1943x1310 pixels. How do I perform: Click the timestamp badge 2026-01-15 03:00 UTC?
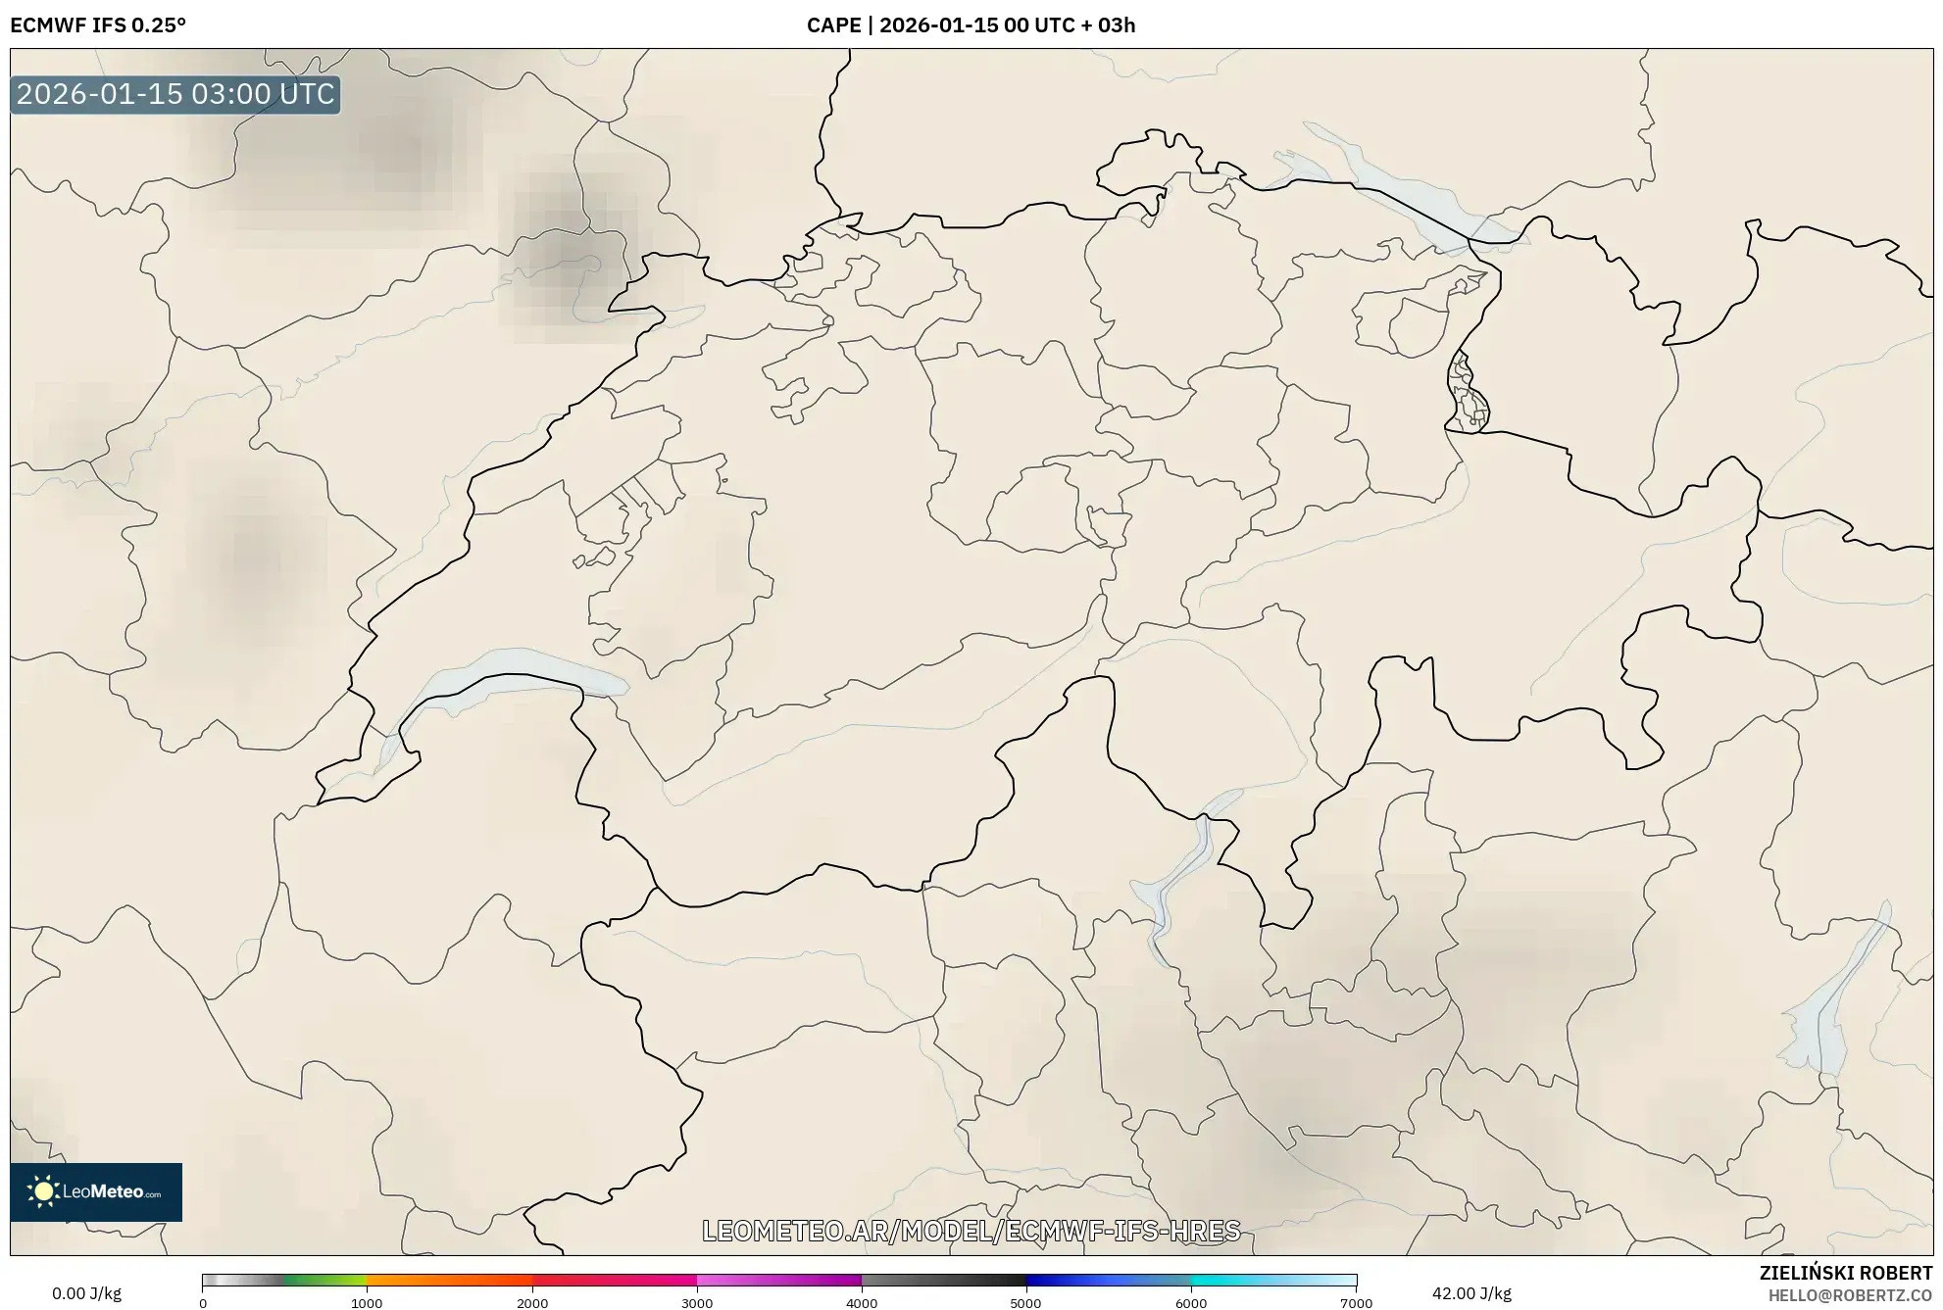175,94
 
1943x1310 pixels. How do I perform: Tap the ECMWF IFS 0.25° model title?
98,25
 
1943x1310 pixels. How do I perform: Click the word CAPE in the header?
833,25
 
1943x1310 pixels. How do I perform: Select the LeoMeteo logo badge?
96,1191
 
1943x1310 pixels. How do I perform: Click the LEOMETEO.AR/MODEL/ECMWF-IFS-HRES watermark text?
971,1231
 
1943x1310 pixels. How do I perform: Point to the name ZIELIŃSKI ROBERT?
1845,1273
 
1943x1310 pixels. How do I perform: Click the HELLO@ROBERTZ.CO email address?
1850,1295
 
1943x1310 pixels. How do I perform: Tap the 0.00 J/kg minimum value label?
86,1293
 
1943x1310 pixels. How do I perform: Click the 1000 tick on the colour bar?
367,1302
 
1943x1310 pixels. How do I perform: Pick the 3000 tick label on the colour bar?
697,1302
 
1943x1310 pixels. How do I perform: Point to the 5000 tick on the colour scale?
1025,1302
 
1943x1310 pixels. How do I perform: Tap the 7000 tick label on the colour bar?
1356,1302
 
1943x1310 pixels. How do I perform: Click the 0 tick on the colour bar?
203,1302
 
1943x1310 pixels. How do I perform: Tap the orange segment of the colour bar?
431,1281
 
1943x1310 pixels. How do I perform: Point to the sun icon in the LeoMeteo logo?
43,1191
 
